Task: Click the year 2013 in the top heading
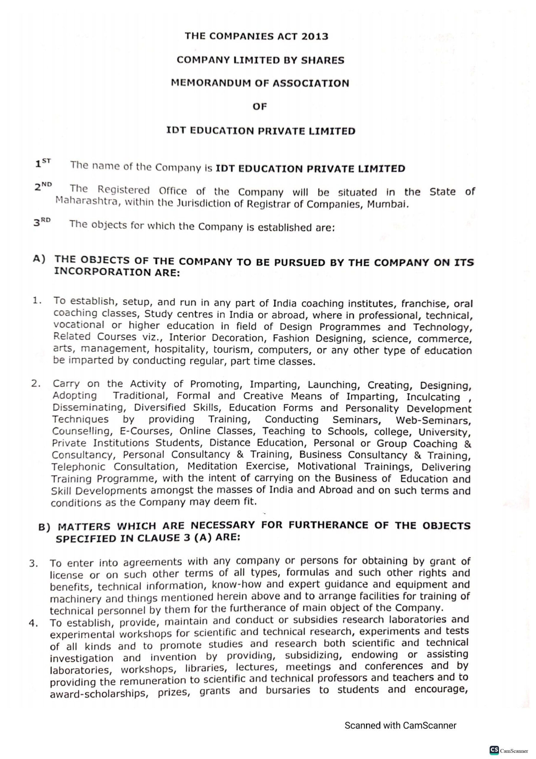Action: (x=314, y=36)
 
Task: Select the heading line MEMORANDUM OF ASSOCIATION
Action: (x=260, y=83)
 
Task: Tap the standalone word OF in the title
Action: (x=260, y=107)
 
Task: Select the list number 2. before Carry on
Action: (x=36, y=384)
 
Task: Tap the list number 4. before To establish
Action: (x=34, y=623)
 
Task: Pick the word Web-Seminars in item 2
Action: (x=433, y=421)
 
